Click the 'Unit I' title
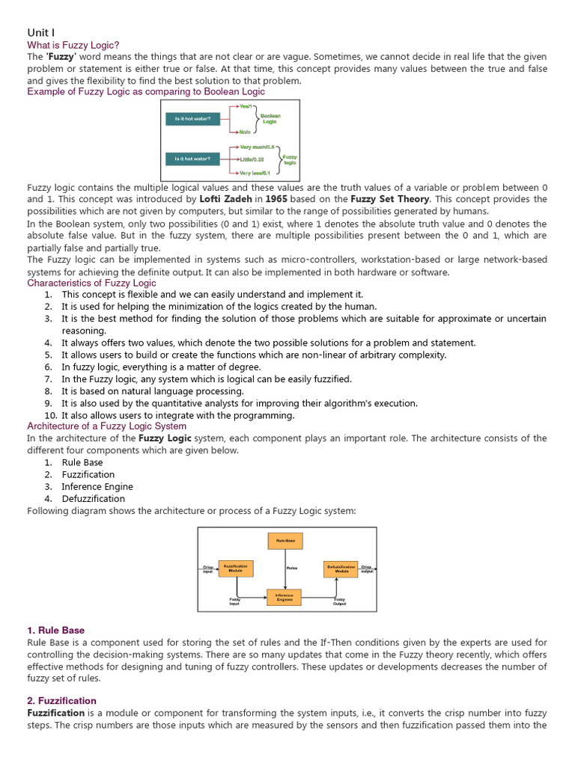41,32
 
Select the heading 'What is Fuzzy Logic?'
73,46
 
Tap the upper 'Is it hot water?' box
192,118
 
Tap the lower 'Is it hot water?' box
192,159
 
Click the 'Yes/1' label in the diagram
246,106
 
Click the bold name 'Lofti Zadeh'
225,200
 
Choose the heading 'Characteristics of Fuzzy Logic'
91,283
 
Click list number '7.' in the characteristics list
48,379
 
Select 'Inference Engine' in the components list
97,486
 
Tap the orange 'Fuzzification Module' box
235,569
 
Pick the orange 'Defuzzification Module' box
341,569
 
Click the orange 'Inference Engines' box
284,598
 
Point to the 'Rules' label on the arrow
291,569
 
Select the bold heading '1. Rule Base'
56,631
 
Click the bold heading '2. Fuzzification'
61,701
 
